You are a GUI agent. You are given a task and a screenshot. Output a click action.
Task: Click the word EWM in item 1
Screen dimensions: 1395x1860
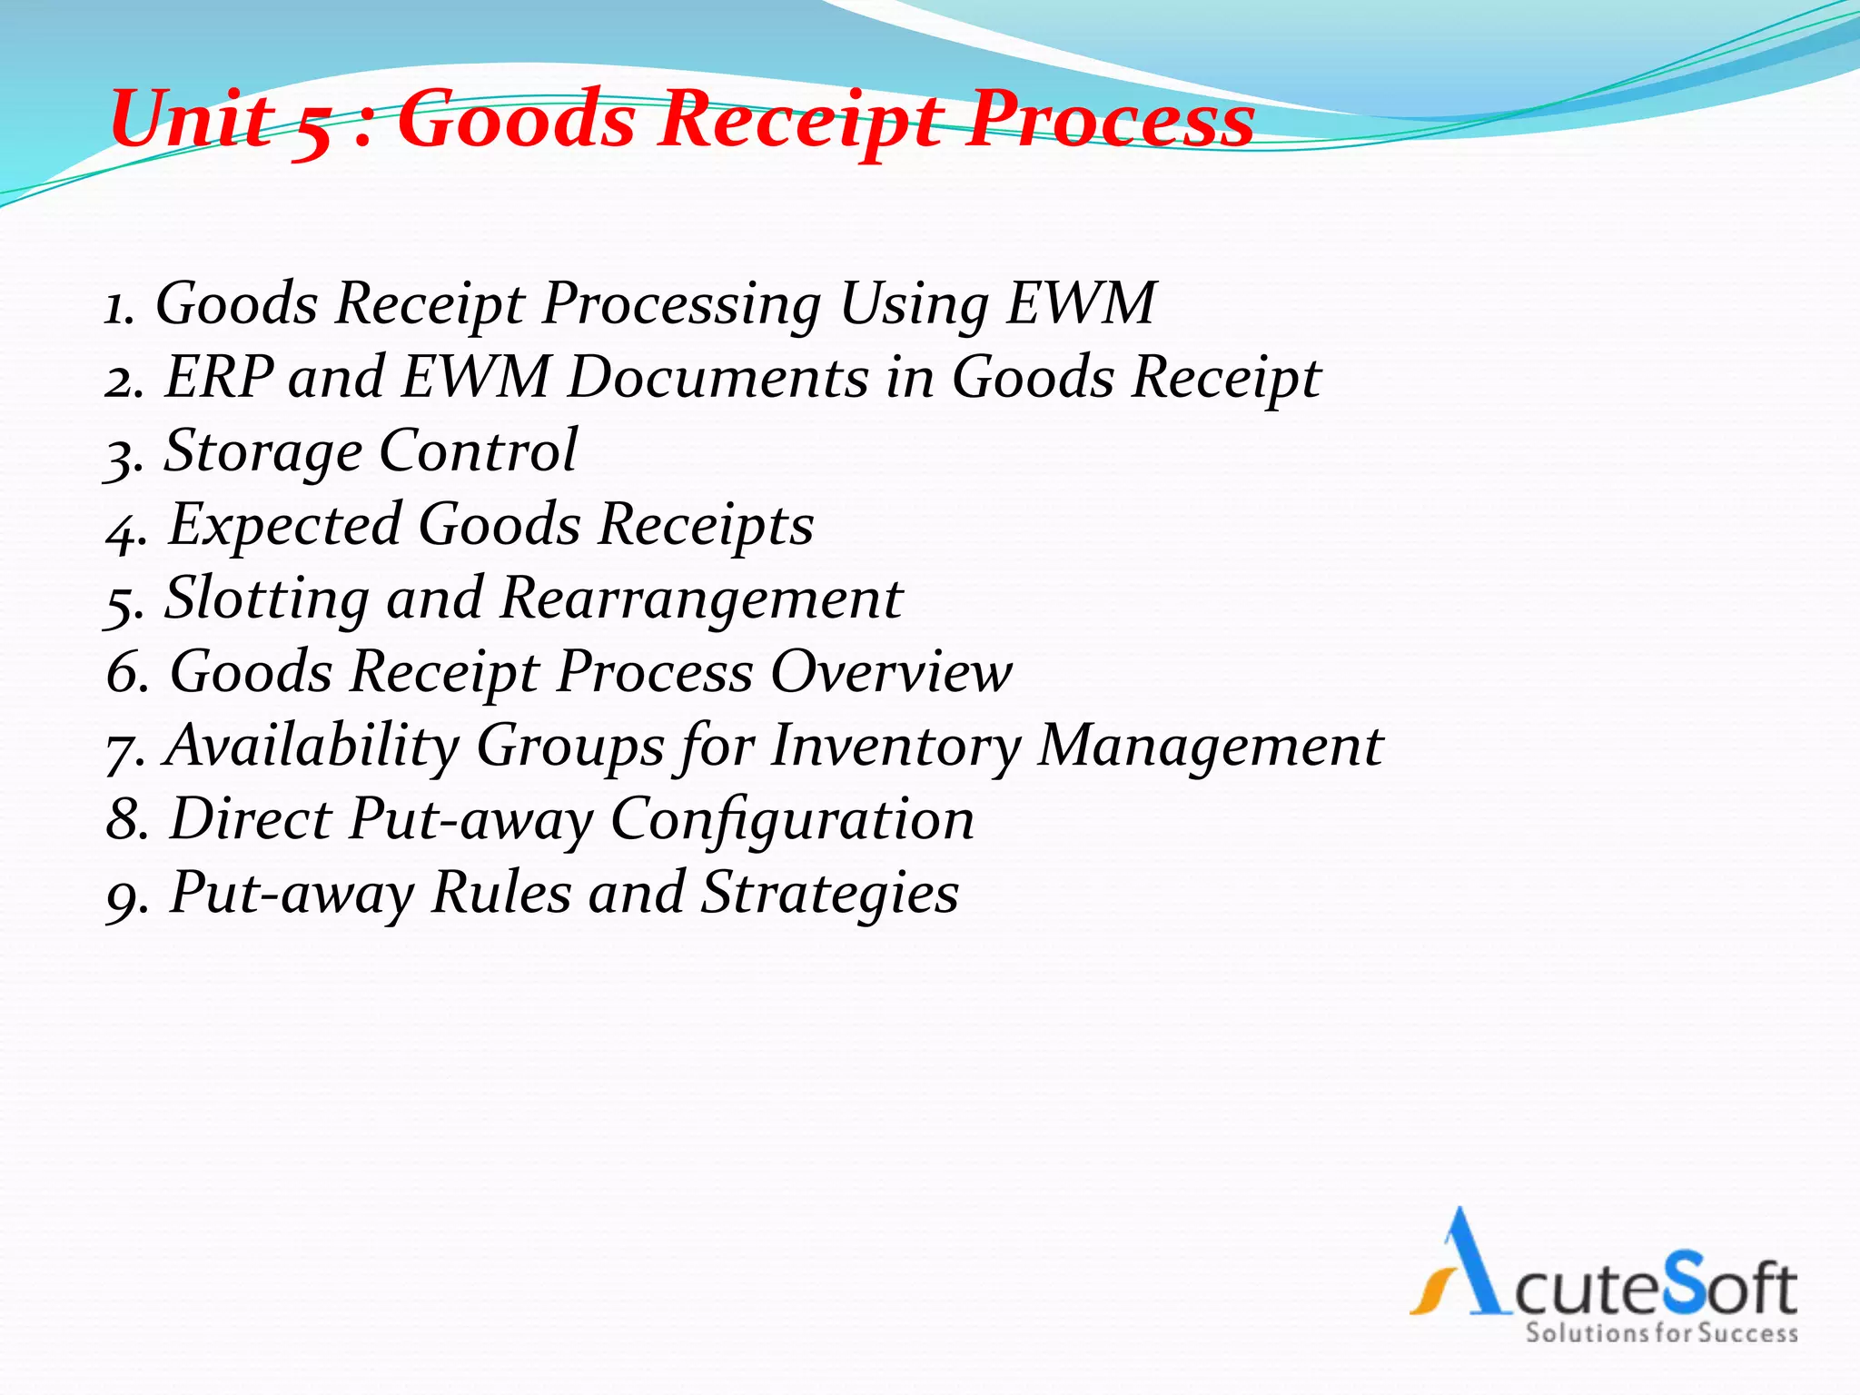[1081, 303]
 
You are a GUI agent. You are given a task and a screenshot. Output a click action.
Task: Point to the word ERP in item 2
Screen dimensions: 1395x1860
[219, 377]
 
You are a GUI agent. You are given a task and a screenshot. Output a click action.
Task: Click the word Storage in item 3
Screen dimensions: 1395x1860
[262, 451]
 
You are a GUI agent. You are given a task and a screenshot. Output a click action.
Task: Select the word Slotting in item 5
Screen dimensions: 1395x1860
[267, 599]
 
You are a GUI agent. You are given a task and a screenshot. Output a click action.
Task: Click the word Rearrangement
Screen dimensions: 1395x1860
[701, 599]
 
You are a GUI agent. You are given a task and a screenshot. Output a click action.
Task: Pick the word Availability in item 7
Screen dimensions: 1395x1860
[312, 746]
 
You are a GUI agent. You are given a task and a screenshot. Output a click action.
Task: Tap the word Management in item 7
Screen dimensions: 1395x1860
[1210, 746]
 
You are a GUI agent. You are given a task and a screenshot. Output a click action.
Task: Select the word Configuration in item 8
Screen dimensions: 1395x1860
[792, 819]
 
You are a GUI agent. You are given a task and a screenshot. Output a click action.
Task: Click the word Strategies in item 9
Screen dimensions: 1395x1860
[830, 893]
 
